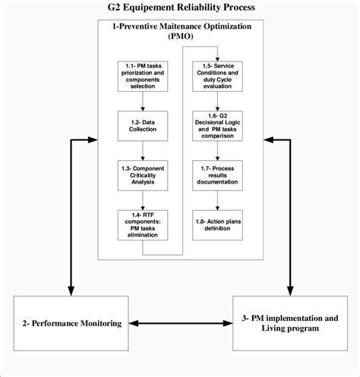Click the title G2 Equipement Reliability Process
pos(179,8)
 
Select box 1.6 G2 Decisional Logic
pos(219,126)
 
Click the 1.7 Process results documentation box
pos(219,174)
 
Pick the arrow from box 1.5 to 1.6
pos(219,102)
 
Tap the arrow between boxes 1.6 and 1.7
pos(219,150)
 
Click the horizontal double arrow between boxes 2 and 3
pos(180,325)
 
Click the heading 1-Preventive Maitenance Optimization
pos(179,27)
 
